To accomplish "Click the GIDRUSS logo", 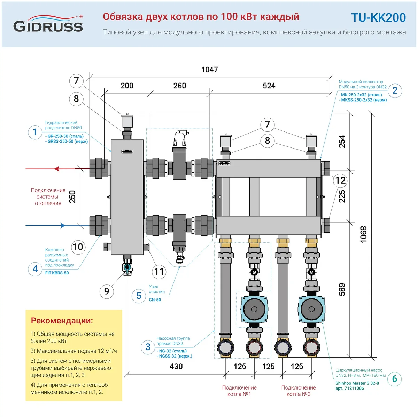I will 48,24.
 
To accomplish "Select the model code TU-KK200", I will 378,18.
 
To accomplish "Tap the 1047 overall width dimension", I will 210,70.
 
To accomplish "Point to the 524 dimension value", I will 269,86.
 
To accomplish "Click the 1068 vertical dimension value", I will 363,234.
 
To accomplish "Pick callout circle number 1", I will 35,132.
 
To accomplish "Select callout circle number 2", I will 395,90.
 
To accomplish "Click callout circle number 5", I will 139,296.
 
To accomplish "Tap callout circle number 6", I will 395,379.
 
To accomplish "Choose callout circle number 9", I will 107,291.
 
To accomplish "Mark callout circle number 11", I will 159,271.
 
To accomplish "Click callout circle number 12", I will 340,180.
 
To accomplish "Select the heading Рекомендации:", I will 62,321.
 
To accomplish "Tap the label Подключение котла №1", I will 239,391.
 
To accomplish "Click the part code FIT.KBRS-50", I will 57,273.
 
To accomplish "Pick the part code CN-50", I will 155,300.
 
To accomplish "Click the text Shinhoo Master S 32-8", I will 357,383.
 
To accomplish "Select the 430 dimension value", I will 176,366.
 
